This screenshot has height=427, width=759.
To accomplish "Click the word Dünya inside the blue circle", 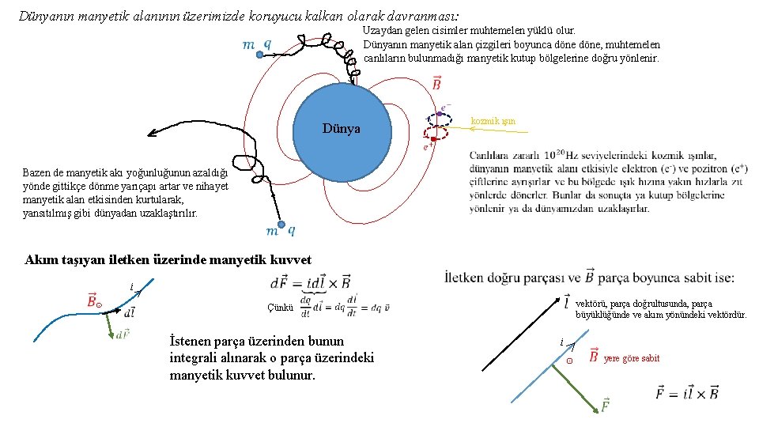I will [342, 128].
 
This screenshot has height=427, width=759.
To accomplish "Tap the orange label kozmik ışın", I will [493, 121].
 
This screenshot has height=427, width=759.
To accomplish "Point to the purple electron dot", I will [439, 114].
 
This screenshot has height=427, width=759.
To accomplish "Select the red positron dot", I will [434, 138].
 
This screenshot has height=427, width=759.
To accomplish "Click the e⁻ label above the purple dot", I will [447, 105].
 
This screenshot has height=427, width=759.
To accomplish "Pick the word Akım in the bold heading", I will [42, 259].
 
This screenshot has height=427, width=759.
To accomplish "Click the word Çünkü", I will [281, 308].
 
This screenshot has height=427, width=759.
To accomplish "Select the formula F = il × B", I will [687, 392].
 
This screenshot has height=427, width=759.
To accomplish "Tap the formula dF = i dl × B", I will [311, 282].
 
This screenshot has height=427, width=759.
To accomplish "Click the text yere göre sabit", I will [631, 358].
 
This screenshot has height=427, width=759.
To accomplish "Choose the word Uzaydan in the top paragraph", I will [381, 30].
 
